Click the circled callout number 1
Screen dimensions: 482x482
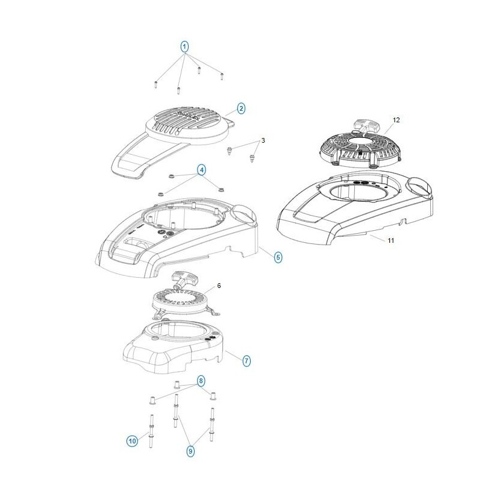[184, 47]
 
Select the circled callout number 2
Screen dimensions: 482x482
[242, 108]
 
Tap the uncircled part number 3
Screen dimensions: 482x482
[263, 140]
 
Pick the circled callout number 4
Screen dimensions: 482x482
[201, 170]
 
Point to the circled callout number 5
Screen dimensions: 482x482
[278, 257]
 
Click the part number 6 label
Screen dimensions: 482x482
[219, 286]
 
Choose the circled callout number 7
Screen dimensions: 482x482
[246, 360]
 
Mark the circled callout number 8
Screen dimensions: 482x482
[201, 381]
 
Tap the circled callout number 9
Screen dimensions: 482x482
[190, 451]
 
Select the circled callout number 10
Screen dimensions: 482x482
[132, 442]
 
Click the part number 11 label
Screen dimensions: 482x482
[390, 240]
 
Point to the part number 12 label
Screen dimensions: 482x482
[396, 120]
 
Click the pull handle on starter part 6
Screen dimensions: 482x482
[184, 279]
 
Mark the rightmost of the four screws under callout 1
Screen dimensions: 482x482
[222, 76]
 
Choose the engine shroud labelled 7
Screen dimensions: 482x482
[173, 348]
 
